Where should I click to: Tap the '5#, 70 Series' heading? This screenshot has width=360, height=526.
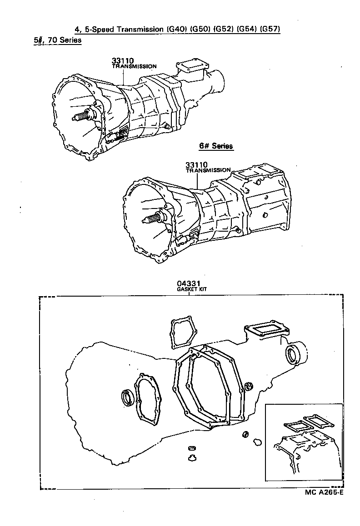57,40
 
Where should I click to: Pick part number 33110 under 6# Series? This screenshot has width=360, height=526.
196,164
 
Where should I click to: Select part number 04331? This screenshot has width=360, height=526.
189,284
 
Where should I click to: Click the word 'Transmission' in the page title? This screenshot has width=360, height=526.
137,30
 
